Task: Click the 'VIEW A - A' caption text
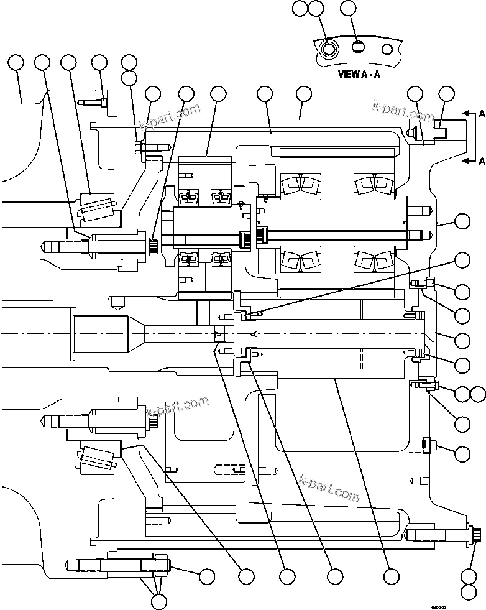359,73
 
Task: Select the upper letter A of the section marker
482,114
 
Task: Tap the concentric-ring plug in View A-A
328,48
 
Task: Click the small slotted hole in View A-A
357,47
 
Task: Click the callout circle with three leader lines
159,601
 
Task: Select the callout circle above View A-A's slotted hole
350,9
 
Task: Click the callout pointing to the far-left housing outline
16,62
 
